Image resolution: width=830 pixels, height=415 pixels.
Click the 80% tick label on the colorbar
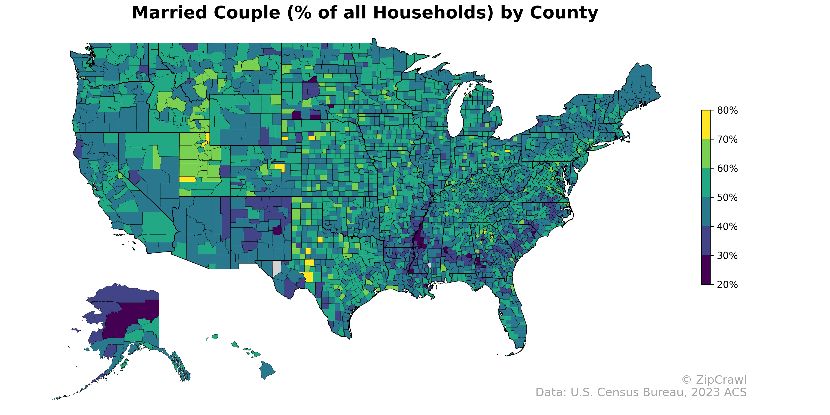727,110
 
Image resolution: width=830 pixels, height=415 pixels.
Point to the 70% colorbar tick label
727,139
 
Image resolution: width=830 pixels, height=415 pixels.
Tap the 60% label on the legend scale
727,169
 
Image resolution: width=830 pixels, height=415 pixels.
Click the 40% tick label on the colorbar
727,226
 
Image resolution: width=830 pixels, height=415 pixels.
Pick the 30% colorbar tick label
727,255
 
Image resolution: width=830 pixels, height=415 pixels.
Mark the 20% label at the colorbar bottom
727,285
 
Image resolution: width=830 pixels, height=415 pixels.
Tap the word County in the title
564,13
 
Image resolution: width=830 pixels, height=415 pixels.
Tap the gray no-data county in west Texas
276,268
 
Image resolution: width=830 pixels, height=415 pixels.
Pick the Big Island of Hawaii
267,370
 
